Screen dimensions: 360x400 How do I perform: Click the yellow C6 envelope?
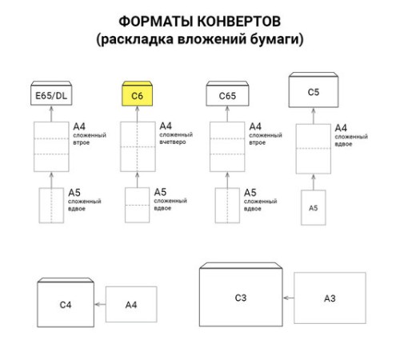(138, 95)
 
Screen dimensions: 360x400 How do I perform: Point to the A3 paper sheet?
(329, 298)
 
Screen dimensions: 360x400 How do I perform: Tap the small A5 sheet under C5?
(313, 207)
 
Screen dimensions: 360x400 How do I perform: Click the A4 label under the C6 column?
(166, 126)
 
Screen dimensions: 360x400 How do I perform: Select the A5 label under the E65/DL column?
(74, 192)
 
